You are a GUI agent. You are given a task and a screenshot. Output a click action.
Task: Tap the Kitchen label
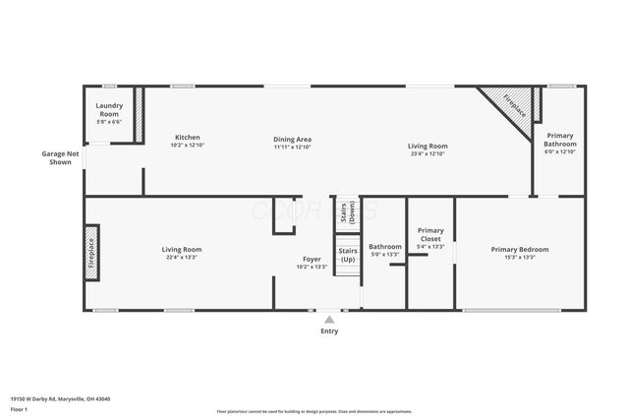188,137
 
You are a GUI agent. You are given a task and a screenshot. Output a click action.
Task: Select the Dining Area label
292,140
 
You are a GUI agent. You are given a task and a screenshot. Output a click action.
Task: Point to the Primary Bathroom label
560,139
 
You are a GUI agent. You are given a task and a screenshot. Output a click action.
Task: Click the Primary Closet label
430,234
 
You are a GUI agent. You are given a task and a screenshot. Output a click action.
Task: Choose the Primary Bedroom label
520,249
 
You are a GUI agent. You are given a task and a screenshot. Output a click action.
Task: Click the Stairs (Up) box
347,255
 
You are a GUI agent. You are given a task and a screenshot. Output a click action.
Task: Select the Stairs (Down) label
347,212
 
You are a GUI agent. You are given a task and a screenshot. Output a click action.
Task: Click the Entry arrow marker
329,319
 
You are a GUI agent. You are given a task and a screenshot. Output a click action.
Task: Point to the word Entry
329,331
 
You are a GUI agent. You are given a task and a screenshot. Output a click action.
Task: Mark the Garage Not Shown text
59,157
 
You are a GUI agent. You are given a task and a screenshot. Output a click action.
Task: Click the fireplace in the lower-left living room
91,254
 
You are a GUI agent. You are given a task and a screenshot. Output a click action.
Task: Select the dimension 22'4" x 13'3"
181,258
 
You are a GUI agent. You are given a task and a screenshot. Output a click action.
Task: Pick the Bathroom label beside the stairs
384,246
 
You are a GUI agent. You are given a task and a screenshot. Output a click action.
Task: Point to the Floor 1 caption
20,408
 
